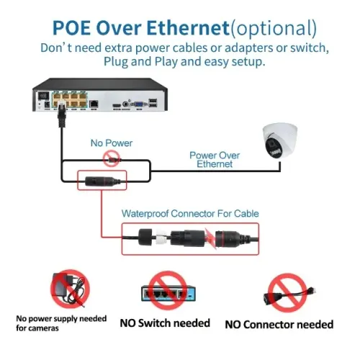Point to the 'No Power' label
click(x=111, y=143)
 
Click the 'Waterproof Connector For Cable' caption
click(x=190, y=214)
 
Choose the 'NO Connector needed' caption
click(x=279, y=325)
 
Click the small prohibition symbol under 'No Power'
click(x=111, y=156)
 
